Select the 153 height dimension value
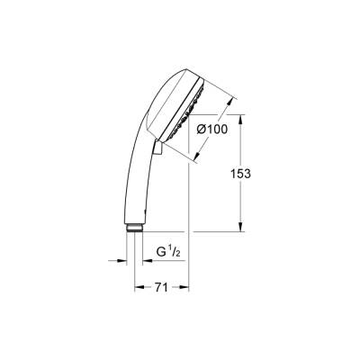pos(259,173)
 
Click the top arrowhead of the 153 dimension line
pos(240,118)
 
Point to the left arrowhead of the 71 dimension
pos(137,288)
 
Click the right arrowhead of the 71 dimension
pos(186,288)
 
